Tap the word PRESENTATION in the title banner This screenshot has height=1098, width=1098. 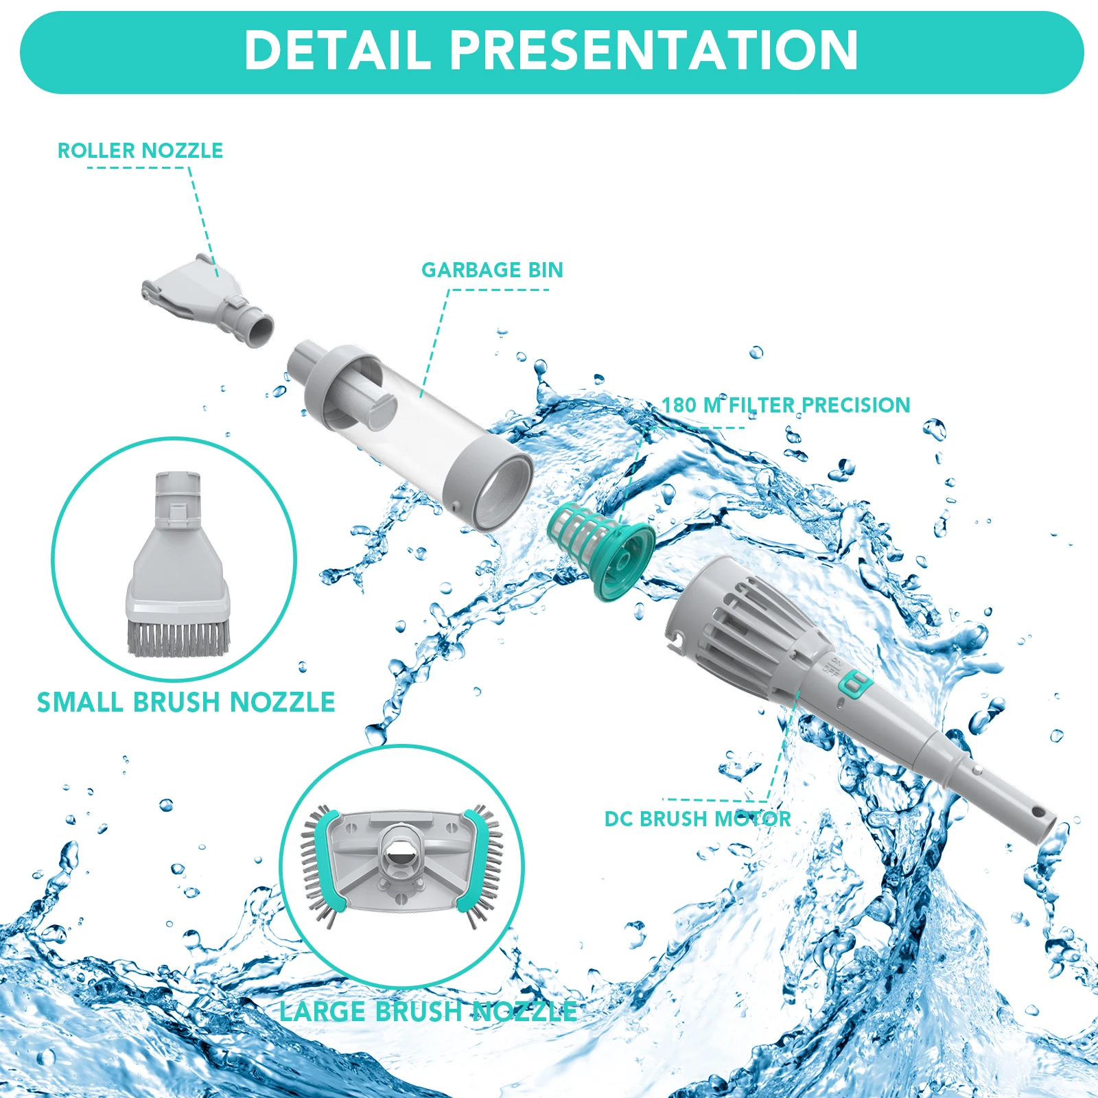tap(654, 50)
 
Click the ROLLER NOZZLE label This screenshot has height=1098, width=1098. tap(141, 150)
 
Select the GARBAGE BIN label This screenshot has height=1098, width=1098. tap(492, 270)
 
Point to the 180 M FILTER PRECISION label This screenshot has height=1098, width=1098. tap(786, 405)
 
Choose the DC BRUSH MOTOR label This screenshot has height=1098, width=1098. tap(698, 819)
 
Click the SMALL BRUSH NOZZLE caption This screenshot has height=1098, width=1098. tap(186, 702)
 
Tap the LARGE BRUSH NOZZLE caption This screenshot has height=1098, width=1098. tap(428, 1012)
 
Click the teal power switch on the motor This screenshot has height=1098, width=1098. tap(855, 685)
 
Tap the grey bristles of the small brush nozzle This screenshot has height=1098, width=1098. tap(178, 638)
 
